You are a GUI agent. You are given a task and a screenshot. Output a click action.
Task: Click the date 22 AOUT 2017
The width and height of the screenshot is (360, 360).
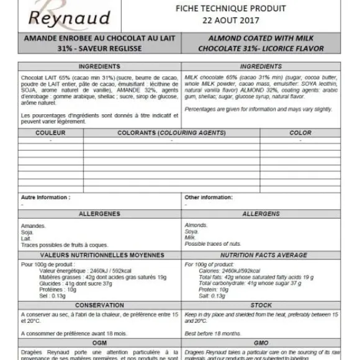231,19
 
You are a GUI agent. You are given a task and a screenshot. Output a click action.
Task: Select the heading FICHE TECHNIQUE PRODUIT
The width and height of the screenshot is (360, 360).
231,8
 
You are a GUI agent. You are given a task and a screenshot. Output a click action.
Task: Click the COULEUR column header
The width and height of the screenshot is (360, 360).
50,133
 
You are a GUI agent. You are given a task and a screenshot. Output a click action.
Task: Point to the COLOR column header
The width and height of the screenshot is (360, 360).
300,133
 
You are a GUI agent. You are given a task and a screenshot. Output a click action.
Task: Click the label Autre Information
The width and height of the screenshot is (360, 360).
45,197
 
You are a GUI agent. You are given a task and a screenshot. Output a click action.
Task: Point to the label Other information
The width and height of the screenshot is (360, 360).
209,197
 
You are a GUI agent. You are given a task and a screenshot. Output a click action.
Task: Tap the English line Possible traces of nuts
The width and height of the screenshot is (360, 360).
214,243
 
